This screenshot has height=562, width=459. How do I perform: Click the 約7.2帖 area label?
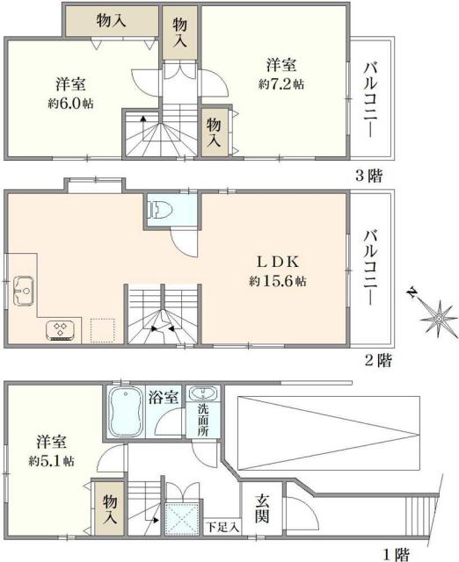click(280, 85)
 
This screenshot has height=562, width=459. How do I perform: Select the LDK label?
click(279, 262)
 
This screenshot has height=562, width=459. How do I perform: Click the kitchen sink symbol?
click(23, 286)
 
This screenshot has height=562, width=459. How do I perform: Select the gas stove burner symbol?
click(62, 330)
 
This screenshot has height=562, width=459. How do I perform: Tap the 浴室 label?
click(164, 395)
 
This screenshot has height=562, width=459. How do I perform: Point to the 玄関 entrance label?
click(262, 508)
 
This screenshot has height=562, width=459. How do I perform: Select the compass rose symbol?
click(434, 314)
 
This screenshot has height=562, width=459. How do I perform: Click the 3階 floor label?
click(369, 175)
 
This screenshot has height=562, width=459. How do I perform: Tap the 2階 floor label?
click(379, 360)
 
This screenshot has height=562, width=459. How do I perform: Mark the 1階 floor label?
click(396, 553)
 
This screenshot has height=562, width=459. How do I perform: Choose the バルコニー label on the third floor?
click(370, 97)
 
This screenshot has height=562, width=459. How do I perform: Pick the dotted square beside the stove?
click(103, 330)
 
